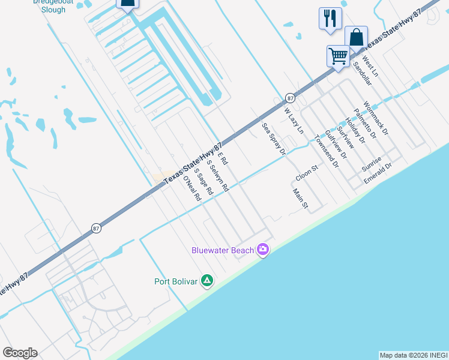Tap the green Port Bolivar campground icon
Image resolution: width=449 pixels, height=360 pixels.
[207, 280]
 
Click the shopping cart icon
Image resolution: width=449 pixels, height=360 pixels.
[339, 56]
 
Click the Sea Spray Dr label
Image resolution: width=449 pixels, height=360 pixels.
[274, 139]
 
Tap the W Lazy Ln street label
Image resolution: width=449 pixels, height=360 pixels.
[294, 119]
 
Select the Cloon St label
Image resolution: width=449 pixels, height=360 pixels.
[306, 175]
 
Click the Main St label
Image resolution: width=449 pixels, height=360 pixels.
[300, 199]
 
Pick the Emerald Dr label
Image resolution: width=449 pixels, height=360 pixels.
[378, 172]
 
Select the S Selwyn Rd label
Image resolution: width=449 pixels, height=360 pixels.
[218, 175]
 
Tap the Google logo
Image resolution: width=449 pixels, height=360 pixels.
[20, 353]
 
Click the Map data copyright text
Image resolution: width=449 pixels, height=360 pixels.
[414, 355]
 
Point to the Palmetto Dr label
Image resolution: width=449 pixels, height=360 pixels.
[365, 123]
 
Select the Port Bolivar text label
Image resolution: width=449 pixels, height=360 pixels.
[176, 281]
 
